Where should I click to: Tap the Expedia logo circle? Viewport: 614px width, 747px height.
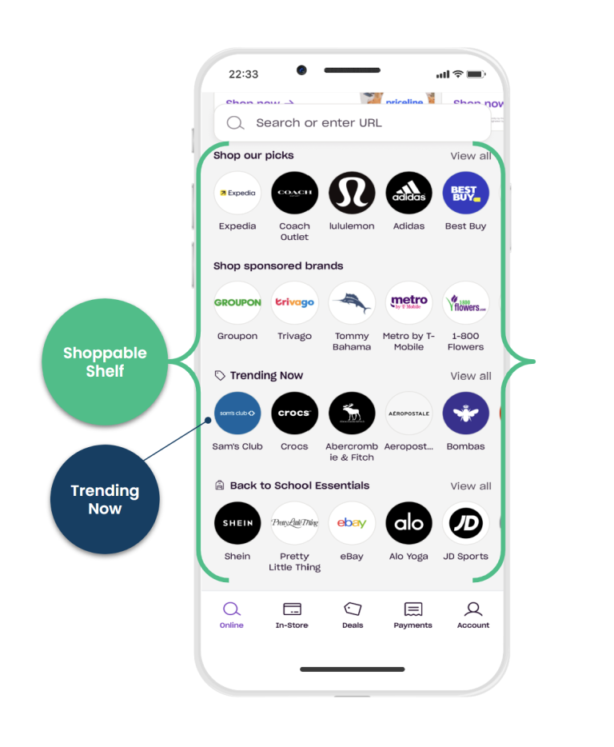[237, 193]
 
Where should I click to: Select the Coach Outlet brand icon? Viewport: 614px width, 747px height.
[294, 193]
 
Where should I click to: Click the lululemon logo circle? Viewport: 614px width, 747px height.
[352, 193]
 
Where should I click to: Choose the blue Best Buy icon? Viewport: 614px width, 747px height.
[466, 193]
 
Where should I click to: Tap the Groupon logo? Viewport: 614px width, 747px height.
[237, 303]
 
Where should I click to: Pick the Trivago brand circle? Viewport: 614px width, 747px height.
[294, 303]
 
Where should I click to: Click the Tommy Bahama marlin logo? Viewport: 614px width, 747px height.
[352, 303]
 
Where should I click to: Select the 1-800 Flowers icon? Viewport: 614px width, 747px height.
[466, 303]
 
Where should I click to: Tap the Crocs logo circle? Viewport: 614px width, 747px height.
[294, 413]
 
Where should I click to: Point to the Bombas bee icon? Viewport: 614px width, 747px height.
[466, 413]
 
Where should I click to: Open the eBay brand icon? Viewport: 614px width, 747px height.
[352, 523]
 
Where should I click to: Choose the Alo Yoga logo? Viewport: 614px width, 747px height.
[409, 523]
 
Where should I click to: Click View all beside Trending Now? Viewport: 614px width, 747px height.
[470, 376]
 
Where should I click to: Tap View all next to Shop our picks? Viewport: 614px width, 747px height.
[470, 156]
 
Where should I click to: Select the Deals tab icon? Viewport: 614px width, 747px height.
[353, 609]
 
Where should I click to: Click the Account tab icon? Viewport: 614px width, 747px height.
[473, 609]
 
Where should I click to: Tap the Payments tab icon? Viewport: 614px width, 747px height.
[413, 609]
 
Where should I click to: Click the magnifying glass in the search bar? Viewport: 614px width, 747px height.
[235, 123]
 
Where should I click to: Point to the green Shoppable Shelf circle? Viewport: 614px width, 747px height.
[105, 362]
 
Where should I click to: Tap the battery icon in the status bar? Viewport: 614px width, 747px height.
[476, 74]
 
